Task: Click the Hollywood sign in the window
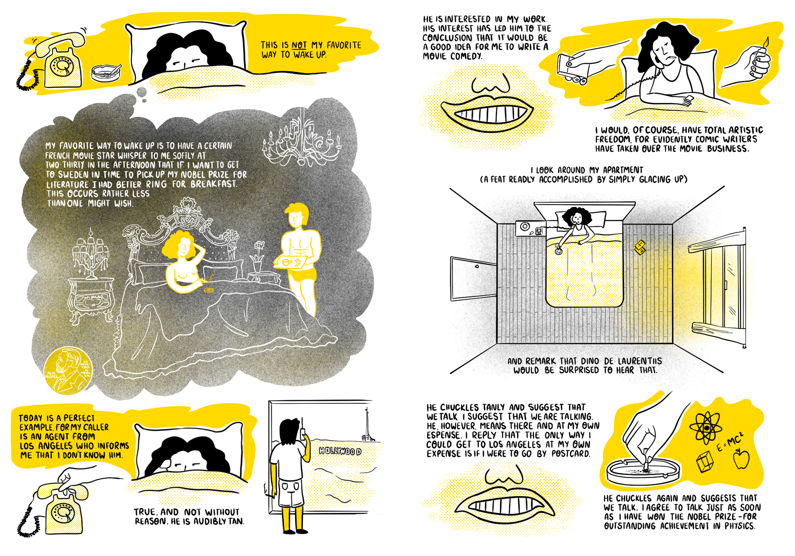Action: coord(340,451)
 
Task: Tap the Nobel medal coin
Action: coord(69,370)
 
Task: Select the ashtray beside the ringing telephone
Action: coord(106,73)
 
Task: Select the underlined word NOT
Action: coord(299,45)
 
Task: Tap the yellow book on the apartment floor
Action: coord(640,247)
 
